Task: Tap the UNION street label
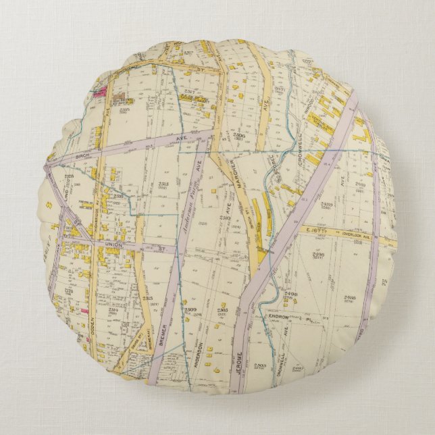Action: (112, 244)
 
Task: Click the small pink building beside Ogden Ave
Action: (85, 311)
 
